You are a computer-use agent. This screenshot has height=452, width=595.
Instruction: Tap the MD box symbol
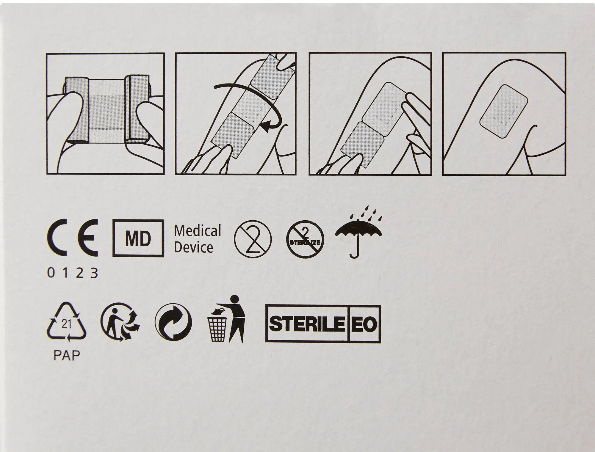(x=138, y=238)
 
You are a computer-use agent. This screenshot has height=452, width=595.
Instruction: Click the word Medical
(x=198, y=231)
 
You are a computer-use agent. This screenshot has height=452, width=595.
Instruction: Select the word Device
(x=193, y=247)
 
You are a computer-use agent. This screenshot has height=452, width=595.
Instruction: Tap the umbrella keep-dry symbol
(x=358, y=241)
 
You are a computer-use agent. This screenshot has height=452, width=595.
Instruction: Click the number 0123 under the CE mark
(x=73, y=273)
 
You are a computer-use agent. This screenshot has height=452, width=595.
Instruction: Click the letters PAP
(x=67, y=355)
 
